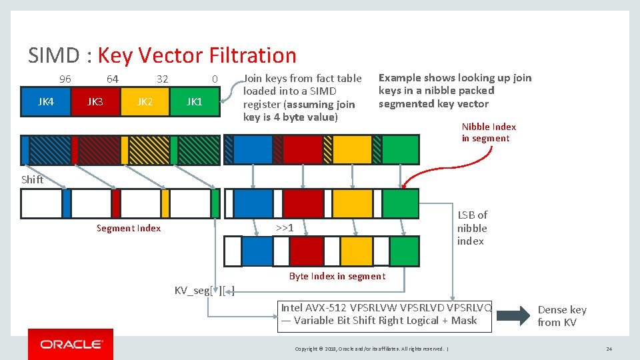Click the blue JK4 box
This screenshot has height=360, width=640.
[x=46, y=102]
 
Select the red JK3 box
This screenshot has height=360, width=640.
[x=95, y=102]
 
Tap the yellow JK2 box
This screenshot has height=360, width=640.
[x=145, y=102]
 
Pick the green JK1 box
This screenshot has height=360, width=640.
[x=194, y=102]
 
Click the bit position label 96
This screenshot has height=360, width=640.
[x=65, y=79]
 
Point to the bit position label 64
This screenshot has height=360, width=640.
[x=113, y=79]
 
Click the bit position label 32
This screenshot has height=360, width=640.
[x=162, y=79]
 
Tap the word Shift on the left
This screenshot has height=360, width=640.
[x=32, y=179]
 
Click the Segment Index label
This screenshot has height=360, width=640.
[x=129, y=228]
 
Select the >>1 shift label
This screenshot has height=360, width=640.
[x=285, y=228]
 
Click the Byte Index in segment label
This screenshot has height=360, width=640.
[x=337, y=276]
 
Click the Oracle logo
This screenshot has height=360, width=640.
[x=71, y=344]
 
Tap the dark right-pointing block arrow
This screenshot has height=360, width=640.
[x=515, y=315]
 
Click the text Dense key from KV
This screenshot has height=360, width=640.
[x=562, y=316]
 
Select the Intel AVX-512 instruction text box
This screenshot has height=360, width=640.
[x=385, y=314]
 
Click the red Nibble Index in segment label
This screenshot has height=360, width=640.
[x=489, y=133]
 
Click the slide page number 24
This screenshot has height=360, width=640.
[x=609, y=349]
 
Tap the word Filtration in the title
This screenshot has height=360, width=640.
[x=253, y=55]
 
